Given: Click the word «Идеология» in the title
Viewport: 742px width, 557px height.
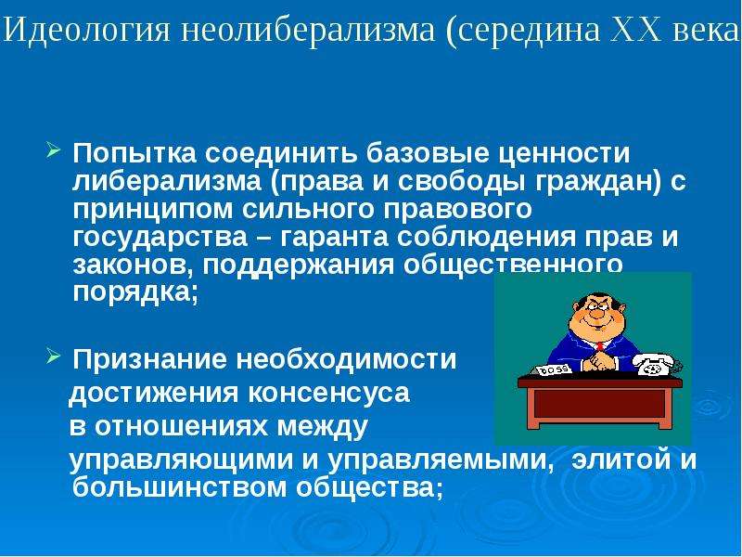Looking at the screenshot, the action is tap(87, 30).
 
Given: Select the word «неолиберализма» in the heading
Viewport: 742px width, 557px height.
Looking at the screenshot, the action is tap(307, 30).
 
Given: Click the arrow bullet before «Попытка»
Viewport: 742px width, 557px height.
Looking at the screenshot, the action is tap(54, 151).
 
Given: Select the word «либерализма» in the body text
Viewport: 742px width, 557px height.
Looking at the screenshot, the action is tap(167, 181).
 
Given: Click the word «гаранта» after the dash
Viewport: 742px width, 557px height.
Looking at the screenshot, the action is tap(334, 238).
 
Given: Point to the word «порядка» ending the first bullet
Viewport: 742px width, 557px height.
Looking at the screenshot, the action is tap(131, 293).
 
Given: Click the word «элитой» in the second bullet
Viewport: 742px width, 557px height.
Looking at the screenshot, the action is tap(620, 459).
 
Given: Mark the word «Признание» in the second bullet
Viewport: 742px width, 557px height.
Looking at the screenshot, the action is tap(150, 359).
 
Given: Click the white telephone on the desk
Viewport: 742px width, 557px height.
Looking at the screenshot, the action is tap(657, 364).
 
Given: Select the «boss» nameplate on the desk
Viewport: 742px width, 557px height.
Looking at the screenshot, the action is tap(553, 369).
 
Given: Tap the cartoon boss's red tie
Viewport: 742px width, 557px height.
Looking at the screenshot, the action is tap(600, 346).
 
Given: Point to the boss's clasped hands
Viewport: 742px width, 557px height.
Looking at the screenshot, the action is tap(599, 361).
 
